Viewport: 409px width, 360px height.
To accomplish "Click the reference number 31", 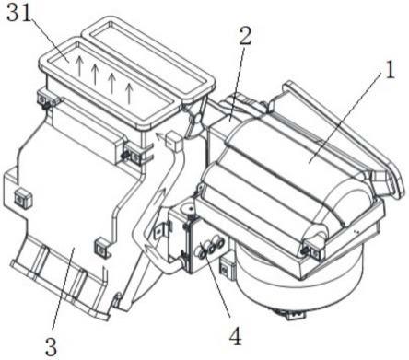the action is pos(18,13).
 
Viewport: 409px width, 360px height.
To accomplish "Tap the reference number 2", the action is pos(245,36).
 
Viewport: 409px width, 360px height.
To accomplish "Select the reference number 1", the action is pos(390,69).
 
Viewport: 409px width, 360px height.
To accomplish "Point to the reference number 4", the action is pos(235,335).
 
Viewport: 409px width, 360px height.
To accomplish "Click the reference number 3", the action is pos(51,346).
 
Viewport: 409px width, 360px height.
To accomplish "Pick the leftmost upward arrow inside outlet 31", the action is pos(79,65).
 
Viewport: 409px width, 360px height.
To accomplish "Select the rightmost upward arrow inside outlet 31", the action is pos(129,93).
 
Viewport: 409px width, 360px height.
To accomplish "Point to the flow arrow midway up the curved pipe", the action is pos(161,195).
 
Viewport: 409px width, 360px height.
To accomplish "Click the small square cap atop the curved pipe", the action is pos(173,141).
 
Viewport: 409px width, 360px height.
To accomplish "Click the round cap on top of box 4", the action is pos(187,209).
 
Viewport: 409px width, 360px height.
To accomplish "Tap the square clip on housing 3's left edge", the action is pos(22,198).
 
